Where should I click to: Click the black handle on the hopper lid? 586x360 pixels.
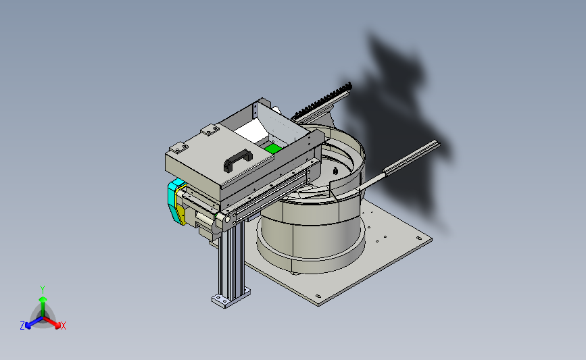point(238,161)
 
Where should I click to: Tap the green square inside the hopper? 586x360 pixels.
point(273,149)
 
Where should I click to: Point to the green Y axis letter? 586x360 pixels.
point(43,290)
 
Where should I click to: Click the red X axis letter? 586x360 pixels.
point(63,326)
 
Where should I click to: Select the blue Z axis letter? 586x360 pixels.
point(22,326)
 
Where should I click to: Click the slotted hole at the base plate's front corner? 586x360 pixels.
point(318,296)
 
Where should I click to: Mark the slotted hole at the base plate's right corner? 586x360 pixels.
point(419,238)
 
